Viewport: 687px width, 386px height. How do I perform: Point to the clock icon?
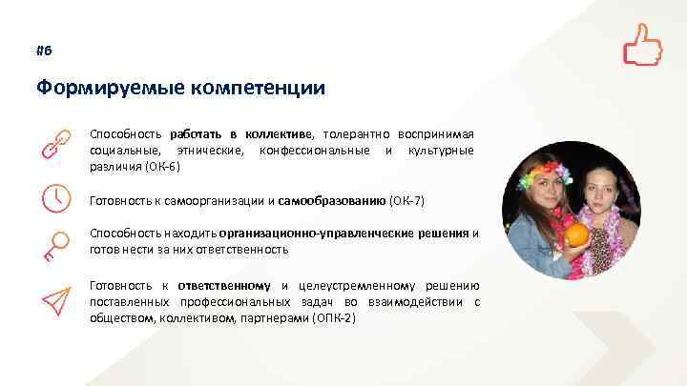tap(54, 197)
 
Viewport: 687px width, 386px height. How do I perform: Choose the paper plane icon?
tap(54, 298)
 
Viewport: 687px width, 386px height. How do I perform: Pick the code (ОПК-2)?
tap(333, 317)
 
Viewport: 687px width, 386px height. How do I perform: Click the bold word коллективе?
tap(283, 134)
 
